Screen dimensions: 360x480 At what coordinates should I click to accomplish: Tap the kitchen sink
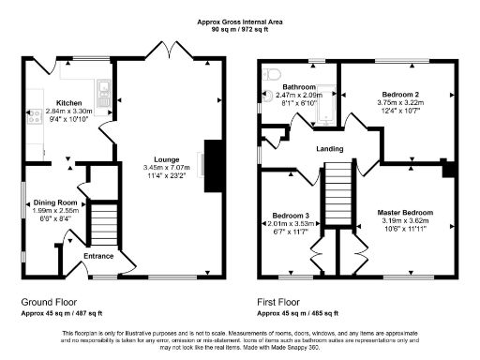106,92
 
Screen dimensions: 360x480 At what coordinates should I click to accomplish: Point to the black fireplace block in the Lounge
212,159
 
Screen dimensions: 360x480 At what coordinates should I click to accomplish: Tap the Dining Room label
54,202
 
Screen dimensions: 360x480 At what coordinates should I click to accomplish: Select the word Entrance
97,255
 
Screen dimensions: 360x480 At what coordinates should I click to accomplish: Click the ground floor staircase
102,225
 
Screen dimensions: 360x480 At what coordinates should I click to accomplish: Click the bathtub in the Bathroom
322,105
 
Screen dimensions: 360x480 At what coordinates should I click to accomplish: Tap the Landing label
328,149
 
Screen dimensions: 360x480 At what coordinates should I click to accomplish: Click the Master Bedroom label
406,212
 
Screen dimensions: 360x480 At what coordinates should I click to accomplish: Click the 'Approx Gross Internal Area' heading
239,22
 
